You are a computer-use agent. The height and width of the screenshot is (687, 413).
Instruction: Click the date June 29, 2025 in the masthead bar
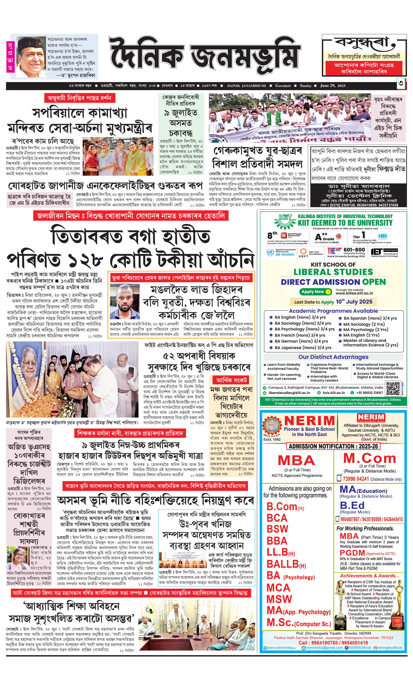click(x=333, y=86)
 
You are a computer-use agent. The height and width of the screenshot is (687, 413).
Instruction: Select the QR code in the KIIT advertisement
click(x=393, y=389)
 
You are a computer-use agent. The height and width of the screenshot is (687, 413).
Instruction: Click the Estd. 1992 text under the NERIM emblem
click(x=272, y=439)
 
